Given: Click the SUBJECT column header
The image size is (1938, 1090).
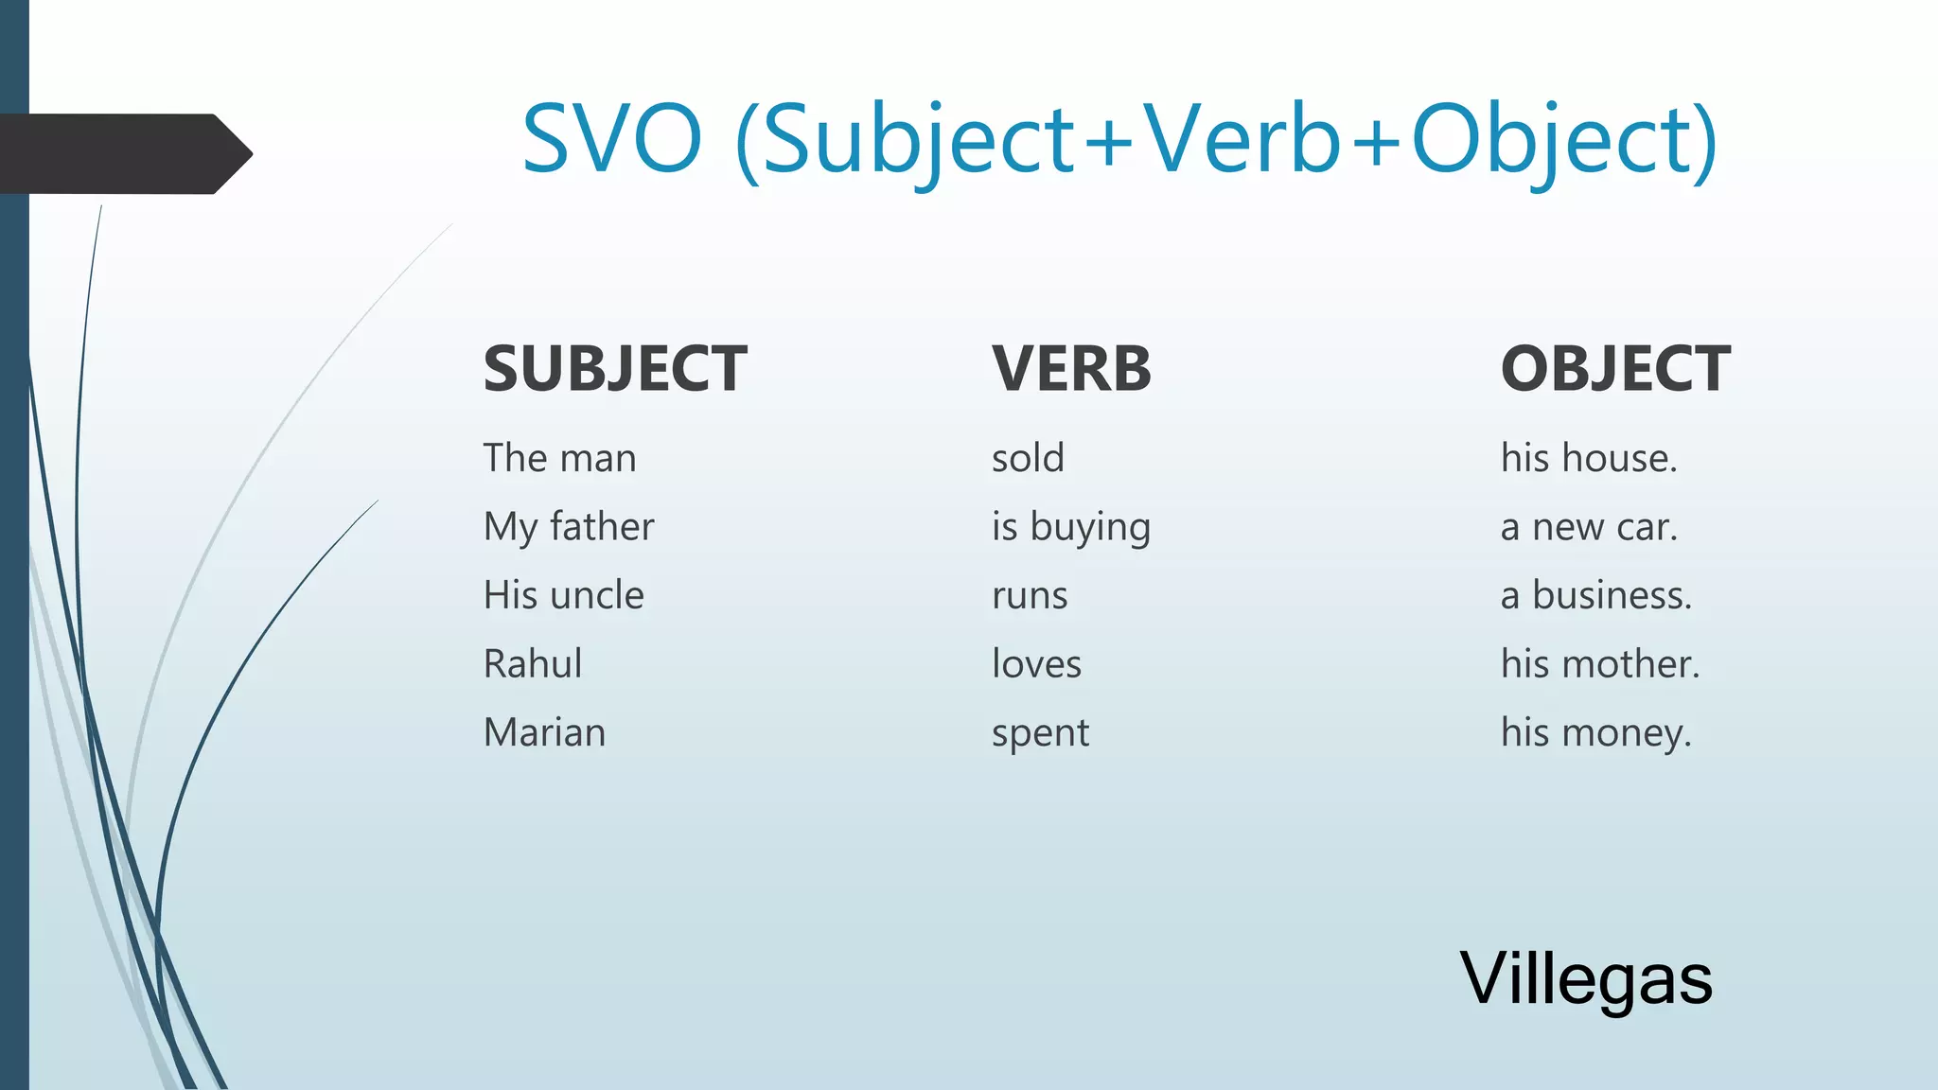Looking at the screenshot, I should click(x=615, y=368).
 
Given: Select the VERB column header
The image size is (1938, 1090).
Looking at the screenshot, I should click(x=1071, y=368).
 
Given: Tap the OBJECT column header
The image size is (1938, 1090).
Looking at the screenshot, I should click(x=1615, y=368).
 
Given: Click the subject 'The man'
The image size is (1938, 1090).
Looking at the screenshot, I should click(x=559, y=458).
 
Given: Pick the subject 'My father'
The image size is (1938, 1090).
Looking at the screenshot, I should click(x=569, y=527).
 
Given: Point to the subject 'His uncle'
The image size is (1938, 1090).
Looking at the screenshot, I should click(x=564, y=595).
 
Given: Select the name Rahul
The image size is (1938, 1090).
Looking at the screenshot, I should click(x=533, y=663).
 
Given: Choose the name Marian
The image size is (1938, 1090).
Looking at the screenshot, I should click(x=544, y=732).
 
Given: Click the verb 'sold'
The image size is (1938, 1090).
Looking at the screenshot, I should click(x=1028, y=458).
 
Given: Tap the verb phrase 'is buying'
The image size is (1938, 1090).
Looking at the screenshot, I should click(x=1070, y=527).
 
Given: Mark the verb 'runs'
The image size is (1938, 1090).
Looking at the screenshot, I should click(x=1030, y=596).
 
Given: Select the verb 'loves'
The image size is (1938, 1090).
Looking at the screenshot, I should click(x=1036, y=663).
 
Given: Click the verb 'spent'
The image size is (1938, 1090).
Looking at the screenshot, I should click(x=1040, y=733).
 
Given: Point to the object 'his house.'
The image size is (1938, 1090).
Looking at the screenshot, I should click(x=1589, y=458).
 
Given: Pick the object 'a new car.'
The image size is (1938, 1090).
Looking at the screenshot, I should click(x=1589, y=527).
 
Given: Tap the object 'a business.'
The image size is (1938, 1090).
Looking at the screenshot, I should click(x=1595, y=595).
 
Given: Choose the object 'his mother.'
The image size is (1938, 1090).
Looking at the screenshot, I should click(x=1600, y=663).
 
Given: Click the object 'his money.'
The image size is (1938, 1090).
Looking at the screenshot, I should click(x=1595, y=732).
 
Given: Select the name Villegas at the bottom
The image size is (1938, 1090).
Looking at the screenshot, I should click(x=1586, y=978).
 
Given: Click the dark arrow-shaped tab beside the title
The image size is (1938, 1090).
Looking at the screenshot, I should click(x=123, y=154).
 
